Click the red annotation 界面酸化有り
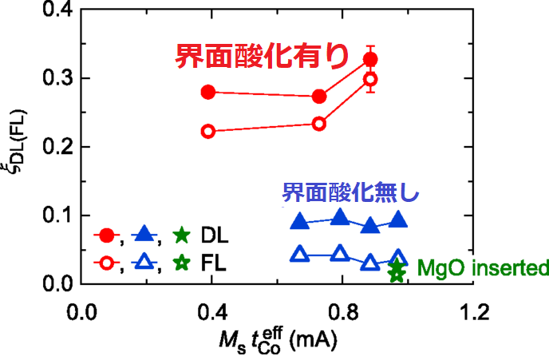coord(261,57)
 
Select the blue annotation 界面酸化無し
coord(350,192)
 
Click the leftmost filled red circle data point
coord(208,92)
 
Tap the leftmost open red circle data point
coord(208,131)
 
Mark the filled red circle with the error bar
coord(370,60)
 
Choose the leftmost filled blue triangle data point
coord(300,221)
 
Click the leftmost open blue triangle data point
coord(300,255)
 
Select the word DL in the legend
coord(214,236)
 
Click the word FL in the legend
coord(213,262)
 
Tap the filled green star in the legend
coord(182,235)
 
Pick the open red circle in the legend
coord(105,262)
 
